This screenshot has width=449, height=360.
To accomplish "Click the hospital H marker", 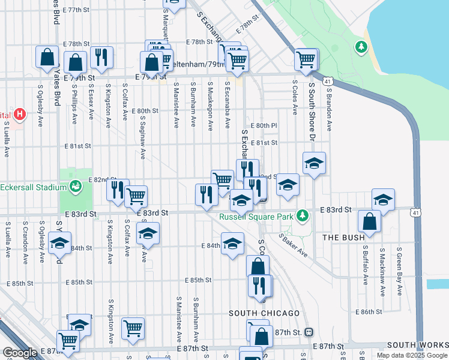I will [x=20, y=113].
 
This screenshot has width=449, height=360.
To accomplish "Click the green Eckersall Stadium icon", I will [x=76, y=187].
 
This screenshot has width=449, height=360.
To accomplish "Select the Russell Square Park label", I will [x=256, y=216].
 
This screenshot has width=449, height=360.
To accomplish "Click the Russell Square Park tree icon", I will [x=304, y=215].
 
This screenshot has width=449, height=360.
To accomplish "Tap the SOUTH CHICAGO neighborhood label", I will [x=264, y=313].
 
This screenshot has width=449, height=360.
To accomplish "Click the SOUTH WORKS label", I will [x=417, y=345].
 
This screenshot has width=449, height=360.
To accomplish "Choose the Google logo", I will [x=20, y=353].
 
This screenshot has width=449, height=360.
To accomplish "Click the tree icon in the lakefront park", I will [x=361, y=46].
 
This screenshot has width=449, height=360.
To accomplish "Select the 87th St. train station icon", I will [x=309, y=332].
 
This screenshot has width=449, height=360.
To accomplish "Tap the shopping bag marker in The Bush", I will [x=369, y=221].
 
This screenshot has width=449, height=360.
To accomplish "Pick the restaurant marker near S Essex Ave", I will [x=101, y=58].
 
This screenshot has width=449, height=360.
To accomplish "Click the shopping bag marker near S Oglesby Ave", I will [x=47, y=58].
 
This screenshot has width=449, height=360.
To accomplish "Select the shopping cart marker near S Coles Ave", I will [x=306, y=59].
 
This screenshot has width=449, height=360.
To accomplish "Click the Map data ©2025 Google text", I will [x=412, y=355].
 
